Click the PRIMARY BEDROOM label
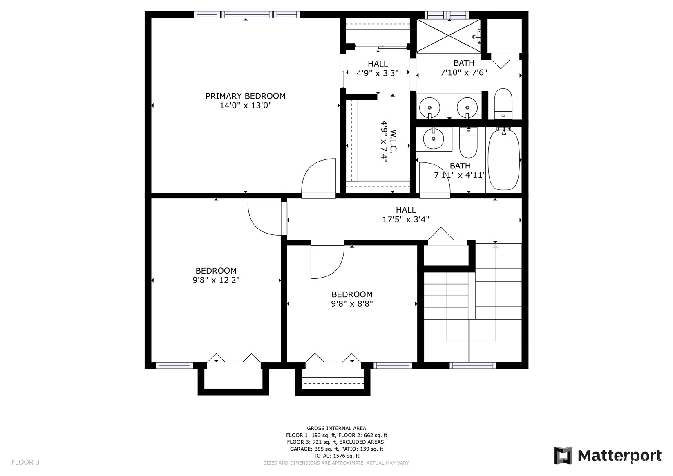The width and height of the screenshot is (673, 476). pos(245,96)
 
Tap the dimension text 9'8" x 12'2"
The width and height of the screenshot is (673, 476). pos(216,280)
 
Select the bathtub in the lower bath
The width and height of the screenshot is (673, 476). pos(503,159)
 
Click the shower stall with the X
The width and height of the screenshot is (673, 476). pos(448,36)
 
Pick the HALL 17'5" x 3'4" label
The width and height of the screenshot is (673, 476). pos(405,215)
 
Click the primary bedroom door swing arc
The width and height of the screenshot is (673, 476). pos(318,176)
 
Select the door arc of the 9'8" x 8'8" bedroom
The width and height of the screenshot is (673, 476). pos(327,262)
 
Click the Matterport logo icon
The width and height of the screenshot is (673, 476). pos(563,455)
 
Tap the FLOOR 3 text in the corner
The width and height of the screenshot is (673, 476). pos(25,462)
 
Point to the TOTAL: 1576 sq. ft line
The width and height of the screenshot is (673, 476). pos(336,456)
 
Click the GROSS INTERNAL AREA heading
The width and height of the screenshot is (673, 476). pos(336,429)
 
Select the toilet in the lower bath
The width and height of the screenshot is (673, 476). pos(468,143)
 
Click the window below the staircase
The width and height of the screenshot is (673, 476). pos(473,366)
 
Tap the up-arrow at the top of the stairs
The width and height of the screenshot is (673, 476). pos(495,246)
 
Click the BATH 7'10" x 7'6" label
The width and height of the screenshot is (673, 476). pos(463,68)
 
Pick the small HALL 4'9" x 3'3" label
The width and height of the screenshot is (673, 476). pos(378,68)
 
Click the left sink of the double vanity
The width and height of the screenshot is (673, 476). pos(430,108)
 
